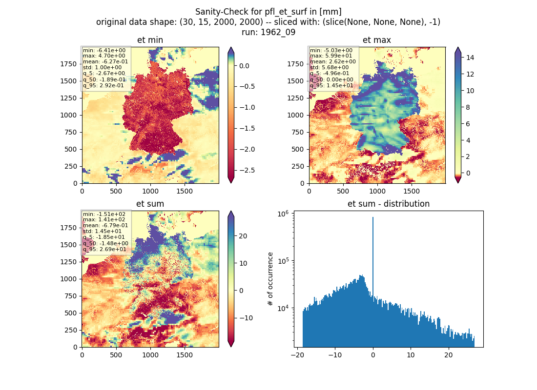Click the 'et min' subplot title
[150, 40]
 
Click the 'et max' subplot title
[377, 40]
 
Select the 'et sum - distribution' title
[389, 204]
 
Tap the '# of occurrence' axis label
[270, 279]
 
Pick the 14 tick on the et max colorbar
[470, 58]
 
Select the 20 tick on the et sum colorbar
[243, 236]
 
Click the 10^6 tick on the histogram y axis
[283, 214]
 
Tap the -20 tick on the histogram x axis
[297, 355]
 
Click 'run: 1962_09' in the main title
[268, 32]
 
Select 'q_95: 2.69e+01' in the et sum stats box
[104, 249]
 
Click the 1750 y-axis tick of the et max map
[295, 64]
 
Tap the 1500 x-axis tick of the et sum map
[184, 355]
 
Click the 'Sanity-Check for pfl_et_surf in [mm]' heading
[268, 12]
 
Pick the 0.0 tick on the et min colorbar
[244, 66]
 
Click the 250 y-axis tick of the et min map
[70, 166]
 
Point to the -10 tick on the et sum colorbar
[246, 318]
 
